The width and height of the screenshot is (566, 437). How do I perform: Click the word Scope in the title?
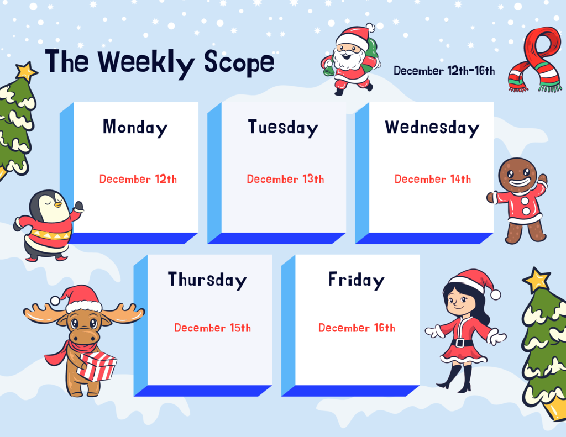pos(239,64)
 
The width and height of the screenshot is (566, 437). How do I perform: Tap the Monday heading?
pos(135,128)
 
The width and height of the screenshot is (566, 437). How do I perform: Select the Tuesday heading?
pos(283,128)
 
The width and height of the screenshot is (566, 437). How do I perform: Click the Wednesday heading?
pos(432,128)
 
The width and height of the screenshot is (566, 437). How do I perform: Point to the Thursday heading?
pos(207,280)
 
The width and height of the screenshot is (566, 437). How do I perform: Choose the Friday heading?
pos(357,280)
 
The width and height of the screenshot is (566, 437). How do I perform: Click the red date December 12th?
pos(138,179)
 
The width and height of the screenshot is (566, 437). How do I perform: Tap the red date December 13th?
pos(285,179)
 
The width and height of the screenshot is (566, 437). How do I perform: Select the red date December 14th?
pos(432,179)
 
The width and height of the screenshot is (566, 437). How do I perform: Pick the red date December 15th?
pos(212,328)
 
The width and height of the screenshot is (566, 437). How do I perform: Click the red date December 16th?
pos(357,328)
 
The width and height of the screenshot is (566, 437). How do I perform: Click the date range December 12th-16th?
pos(444,71)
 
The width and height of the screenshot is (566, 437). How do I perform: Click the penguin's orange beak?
pos(57,205)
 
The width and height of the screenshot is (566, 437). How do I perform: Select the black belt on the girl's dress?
pos(461,343)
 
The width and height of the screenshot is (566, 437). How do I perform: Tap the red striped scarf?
pos(535,60)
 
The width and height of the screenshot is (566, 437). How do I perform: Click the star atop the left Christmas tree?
pos(26,71)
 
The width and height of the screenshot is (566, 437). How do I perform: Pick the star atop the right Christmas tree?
pos(537,280)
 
